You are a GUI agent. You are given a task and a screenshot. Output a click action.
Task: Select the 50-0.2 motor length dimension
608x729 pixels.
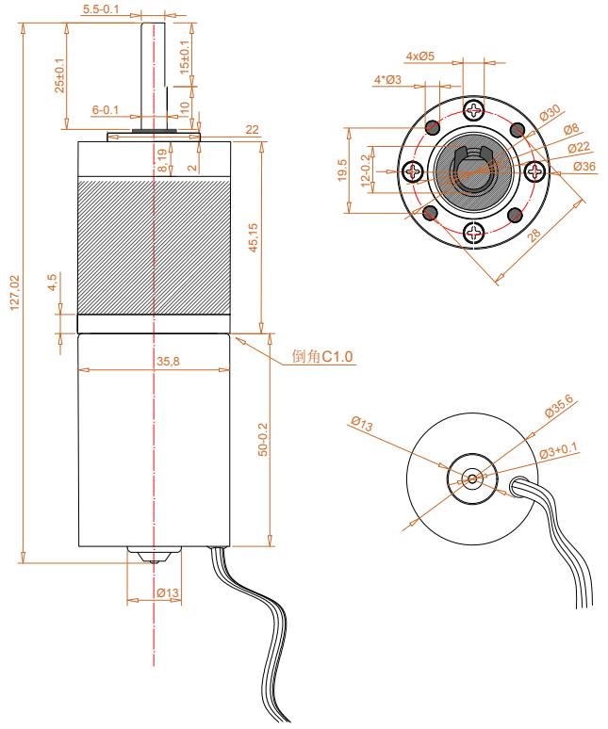(x=263, y=440)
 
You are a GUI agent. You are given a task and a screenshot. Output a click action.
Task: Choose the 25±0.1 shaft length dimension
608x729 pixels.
(x=59, y=75)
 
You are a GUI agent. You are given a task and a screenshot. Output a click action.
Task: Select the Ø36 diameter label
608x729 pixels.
(x=584, y=167)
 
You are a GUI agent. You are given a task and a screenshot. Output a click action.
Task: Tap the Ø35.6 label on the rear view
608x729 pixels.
(x=560, y=406)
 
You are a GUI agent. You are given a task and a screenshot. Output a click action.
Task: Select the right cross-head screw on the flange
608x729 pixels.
(x=534, y=171)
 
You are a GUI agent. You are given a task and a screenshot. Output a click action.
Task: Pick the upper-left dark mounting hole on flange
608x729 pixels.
(x=433, y=127)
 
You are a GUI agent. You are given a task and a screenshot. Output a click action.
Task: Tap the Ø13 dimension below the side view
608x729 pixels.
(x=168, y=592)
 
